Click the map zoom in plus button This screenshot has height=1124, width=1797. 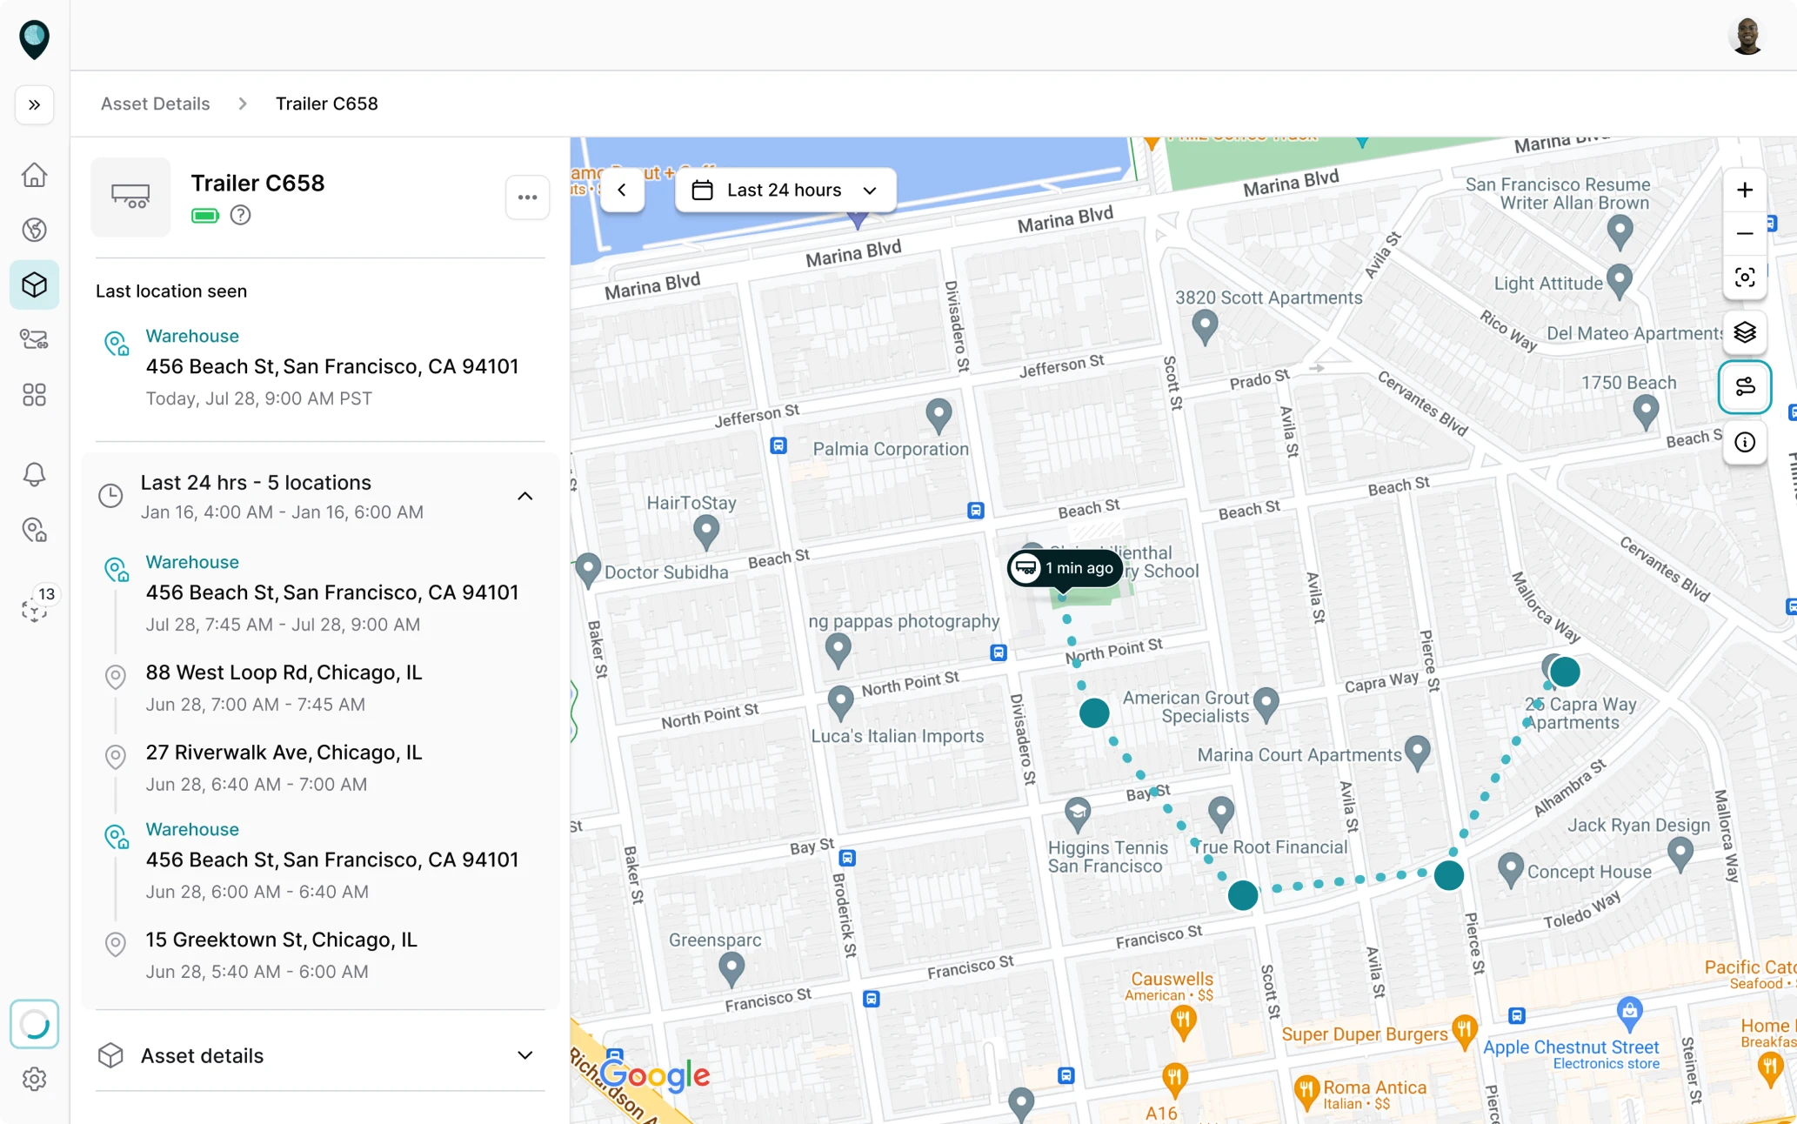point(1744,191)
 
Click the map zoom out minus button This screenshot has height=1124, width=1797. point(1744,233)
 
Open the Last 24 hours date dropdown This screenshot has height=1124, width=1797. point(785,191)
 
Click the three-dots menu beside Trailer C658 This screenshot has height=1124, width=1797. point(527,197)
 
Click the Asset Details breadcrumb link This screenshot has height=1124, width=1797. point(155,104)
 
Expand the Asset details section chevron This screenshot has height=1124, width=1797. point(524,1055)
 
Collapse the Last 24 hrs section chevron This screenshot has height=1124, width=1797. point(524,496)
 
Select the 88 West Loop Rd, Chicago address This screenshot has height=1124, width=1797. point(284,672)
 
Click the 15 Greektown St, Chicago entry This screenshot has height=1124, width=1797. point(281,940)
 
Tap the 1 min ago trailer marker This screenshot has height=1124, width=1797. point(1065,568)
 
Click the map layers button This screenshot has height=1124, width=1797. point(1744,332)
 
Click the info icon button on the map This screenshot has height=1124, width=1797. point(1744,442)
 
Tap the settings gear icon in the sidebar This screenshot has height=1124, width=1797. point(35,1079)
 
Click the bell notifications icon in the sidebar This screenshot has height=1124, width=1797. point(35,474)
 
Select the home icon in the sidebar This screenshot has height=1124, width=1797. point(35,175)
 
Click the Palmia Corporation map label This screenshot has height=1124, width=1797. point(890,449)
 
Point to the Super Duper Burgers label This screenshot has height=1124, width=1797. point(1364,1034)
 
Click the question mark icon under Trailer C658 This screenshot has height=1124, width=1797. point(240,215)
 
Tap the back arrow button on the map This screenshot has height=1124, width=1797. point(622,191)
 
